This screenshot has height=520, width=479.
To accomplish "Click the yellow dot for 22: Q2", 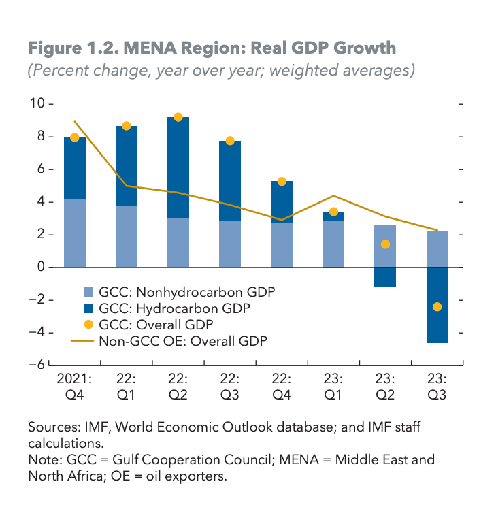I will [178, 117].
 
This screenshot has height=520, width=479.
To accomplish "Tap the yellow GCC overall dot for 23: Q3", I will [437, 307].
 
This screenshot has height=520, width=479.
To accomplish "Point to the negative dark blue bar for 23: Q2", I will [385, 277].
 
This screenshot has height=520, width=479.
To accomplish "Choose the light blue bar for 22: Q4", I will [282, 245].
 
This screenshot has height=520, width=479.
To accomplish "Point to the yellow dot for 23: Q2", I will [385, 244].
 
